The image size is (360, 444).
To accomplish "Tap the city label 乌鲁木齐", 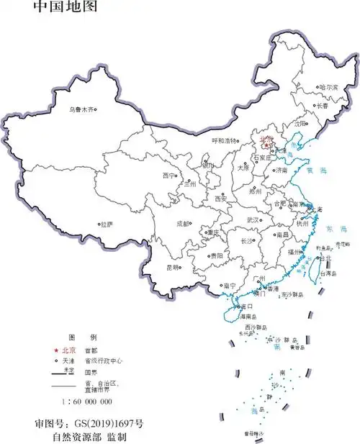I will pos(81,110).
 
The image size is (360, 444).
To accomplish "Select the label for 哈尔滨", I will pos(328,87).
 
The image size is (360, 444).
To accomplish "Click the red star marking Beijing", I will pos(266,145).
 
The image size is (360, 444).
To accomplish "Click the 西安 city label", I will pos(222,198).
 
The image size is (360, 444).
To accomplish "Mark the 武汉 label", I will pos(251,219).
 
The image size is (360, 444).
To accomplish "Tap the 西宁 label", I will pos(169,175).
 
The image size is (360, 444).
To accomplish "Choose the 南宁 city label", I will pos(230,285).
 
